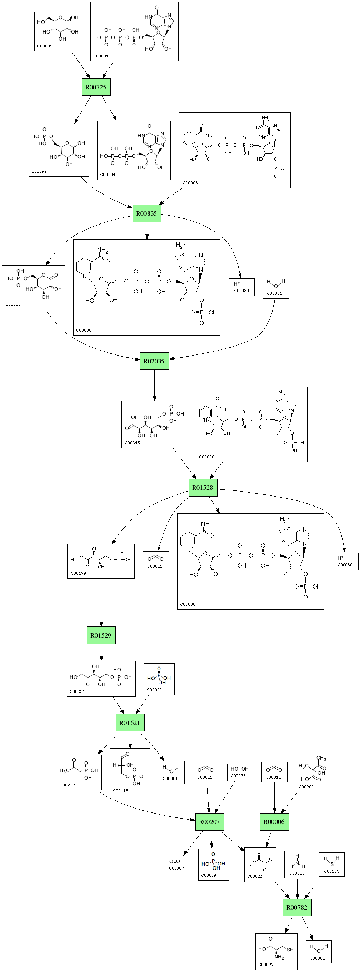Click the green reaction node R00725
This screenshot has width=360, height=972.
[96, 87]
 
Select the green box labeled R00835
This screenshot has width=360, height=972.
[146, 213]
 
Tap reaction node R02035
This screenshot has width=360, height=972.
[154, 361]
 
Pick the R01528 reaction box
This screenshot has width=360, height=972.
[202, 488]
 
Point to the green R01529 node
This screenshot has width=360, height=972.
[101, 635]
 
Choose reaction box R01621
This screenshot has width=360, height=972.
[129, 722]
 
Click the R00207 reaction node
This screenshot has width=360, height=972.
[209, 821]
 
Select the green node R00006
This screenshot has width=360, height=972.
[274, 821]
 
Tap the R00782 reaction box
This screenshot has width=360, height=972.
[297, 907]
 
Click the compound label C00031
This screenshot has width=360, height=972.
[45, 46]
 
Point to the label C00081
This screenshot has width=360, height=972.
[101, 56]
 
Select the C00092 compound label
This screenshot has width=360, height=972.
[39, 171]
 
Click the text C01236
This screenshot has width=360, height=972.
[13, 304]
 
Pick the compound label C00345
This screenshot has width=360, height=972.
[132, 443]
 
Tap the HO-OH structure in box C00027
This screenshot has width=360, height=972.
[240, 769]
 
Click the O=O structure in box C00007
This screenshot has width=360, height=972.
[174, 861]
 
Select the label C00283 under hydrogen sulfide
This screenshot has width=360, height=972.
[331, 872]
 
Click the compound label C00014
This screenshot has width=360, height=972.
[297, 873]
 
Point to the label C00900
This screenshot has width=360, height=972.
[306, 787]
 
